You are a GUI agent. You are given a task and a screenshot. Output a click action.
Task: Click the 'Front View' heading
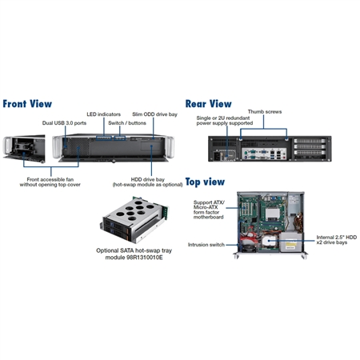click(27, 104)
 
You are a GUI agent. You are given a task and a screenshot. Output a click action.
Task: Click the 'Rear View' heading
click(208, 104)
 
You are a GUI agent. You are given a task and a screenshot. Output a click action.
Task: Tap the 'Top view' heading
click(205, 182)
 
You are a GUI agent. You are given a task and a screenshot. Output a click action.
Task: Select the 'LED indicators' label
click(103, 114)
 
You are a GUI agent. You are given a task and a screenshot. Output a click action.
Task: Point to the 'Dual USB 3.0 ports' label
click(64, 123)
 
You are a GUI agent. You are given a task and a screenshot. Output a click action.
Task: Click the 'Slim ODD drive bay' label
click(154, 114)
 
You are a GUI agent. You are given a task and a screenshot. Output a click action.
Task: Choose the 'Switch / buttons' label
click(127, 123)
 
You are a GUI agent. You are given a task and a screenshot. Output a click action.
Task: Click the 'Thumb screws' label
click(265, 112)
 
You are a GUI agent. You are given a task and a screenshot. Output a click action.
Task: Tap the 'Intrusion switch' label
click(206, 245)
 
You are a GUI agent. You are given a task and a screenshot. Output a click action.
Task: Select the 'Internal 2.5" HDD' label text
click(337, 237)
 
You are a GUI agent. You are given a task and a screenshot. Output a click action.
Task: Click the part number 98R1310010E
click(145, 258)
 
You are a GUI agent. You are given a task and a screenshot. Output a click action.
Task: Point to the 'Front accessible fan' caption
click(50, 179)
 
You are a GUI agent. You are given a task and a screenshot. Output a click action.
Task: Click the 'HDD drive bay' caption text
click(148, 179)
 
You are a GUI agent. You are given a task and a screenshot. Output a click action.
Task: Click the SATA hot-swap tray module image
click(134, 219)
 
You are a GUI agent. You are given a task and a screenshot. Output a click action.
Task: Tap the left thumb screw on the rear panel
click(241, 138)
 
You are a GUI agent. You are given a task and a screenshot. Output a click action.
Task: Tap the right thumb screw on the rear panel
click(286, 138)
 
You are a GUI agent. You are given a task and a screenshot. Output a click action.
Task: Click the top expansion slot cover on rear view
click(310, 141)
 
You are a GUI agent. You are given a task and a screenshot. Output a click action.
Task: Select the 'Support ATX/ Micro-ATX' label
click(209, 205)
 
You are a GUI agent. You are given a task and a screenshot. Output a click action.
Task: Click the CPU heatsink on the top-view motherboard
click(273, 214)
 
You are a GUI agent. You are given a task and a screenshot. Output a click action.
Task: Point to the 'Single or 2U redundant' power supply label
click(223, 118)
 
